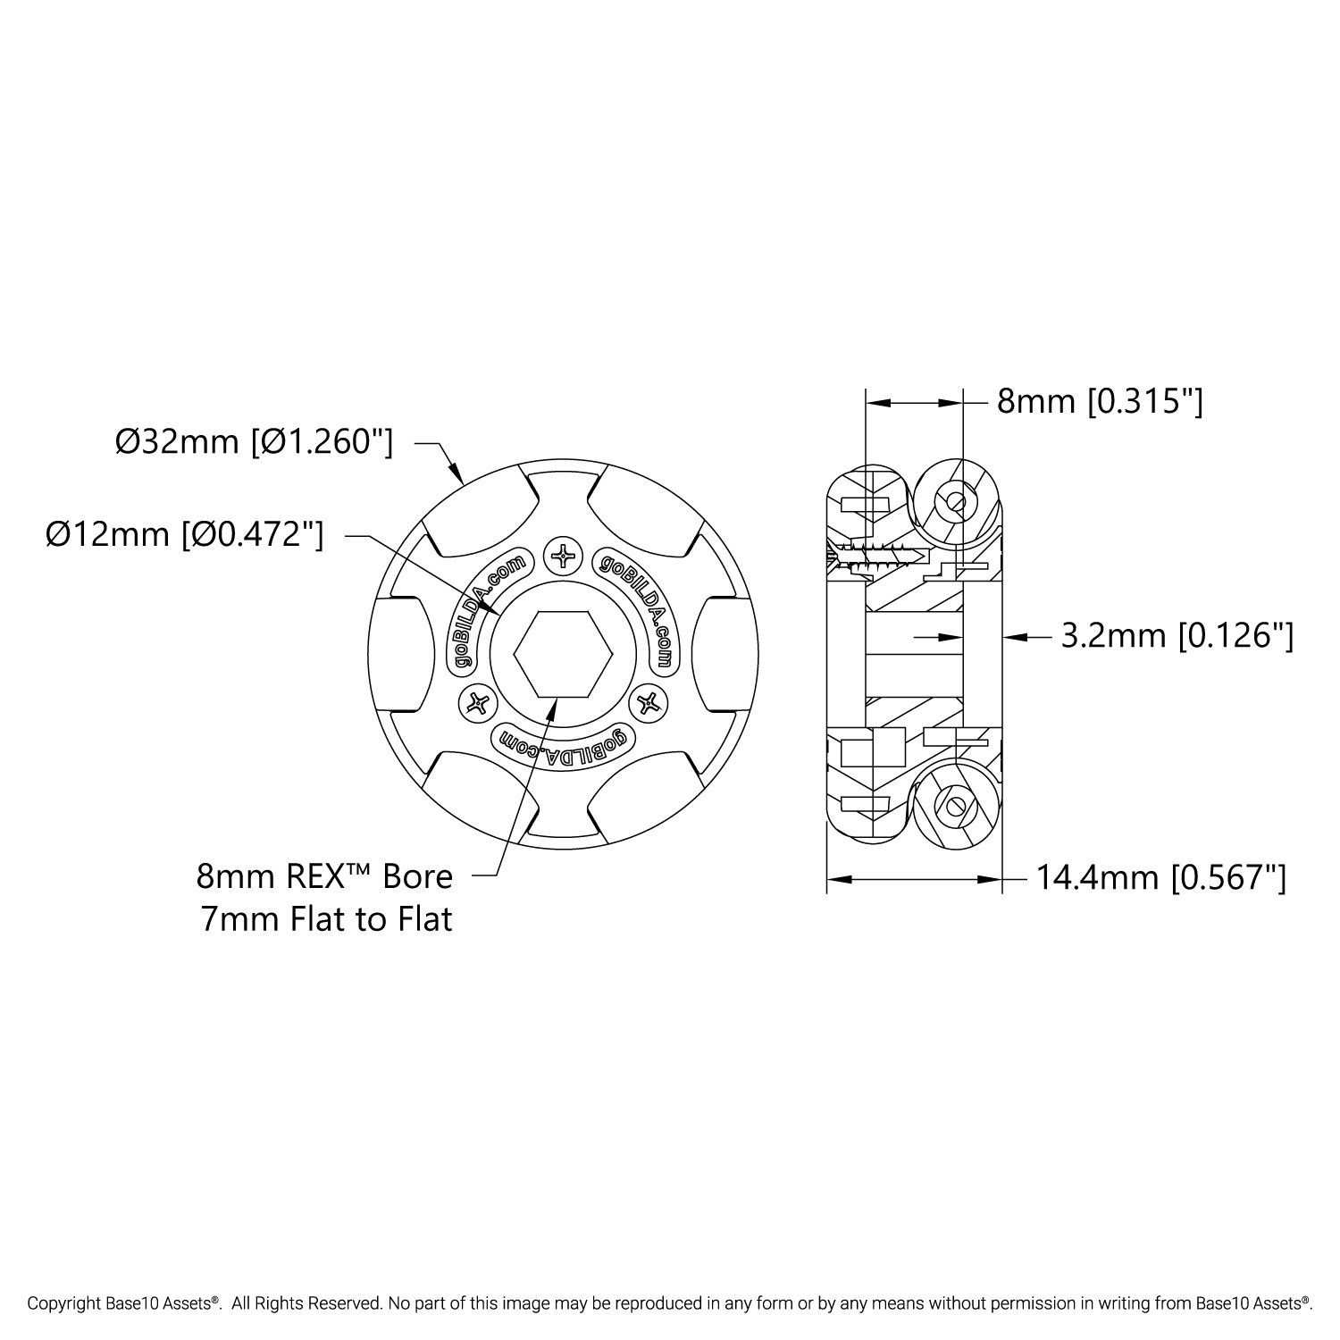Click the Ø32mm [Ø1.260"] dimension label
point(254,441)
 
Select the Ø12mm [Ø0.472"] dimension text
point(185,534)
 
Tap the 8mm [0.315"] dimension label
point(1100,402)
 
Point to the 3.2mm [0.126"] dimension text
point(1177,636)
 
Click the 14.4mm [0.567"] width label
point(1160,879)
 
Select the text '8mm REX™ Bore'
point(324,876)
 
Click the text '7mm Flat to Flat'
point(326,918)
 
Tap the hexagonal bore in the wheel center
point(563,653)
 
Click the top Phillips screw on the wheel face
point(564,557)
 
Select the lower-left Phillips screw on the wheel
point(478,703)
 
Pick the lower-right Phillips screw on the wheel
point(649,703)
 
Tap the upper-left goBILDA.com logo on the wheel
point(488,612)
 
